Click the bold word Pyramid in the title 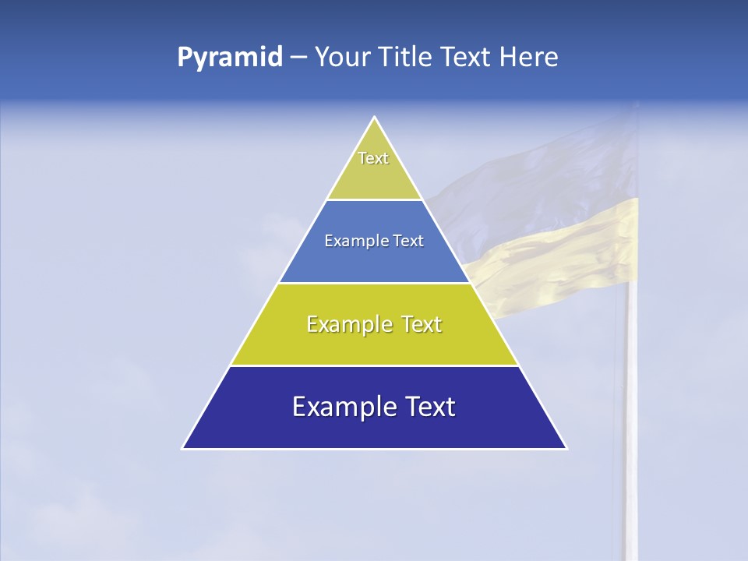(230, 58)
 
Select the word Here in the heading (528, 58)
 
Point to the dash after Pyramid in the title (298, 58)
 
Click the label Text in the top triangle (373, 158)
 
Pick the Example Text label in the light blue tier (374, 241)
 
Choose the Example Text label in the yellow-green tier (374, 324)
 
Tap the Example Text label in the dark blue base (374, 407)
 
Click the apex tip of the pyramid (375, 118)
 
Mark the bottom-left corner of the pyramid (183, 448)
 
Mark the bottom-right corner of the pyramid (566, 448)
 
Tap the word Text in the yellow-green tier (421, 324)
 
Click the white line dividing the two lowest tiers (374, 365)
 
